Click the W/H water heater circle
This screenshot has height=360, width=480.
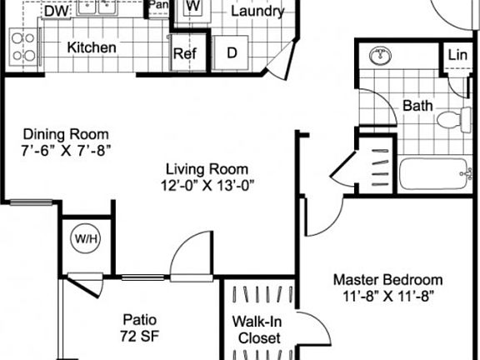85,239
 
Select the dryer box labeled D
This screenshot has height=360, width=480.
231,52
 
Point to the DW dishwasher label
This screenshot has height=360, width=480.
56,12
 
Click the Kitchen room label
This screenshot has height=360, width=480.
92,47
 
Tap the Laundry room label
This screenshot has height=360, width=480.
257,12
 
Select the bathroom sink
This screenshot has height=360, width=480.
381,56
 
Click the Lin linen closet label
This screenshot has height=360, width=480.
457,55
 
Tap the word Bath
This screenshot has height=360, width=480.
417,106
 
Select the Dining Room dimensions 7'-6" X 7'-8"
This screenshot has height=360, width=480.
67,150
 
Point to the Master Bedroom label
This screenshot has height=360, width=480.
387,279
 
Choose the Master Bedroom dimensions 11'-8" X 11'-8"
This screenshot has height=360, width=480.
387,295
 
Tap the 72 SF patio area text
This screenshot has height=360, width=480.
138,336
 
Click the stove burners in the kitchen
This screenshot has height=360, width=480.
23,47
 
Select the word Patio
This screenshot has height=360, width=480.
139,320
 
